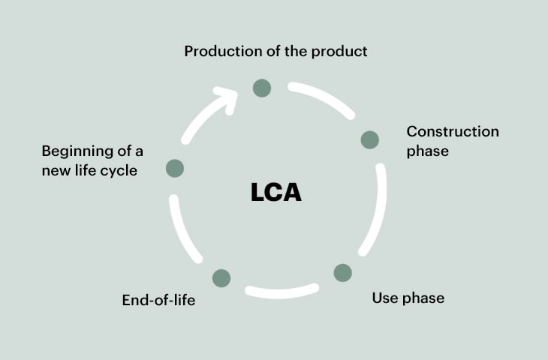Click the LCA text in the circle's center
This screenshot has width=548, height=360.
point(276,192)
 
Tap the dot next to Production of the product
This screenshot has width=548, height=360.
point(261,88)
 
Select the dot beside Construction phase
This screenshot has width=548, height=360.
point(369,139)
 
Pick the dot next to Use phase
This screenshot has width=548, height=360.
point(342,272)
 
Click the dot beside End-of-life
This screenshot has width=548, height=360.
point(221,278)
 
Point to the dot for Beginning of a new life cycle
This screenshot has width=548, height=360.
point(174,168)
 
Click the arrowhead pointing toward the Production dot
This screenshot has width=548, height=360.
point(226,98)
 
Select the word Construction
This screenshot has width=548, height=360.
point(453,132)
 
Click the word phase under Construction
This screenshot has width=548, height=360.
point(427,151)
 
